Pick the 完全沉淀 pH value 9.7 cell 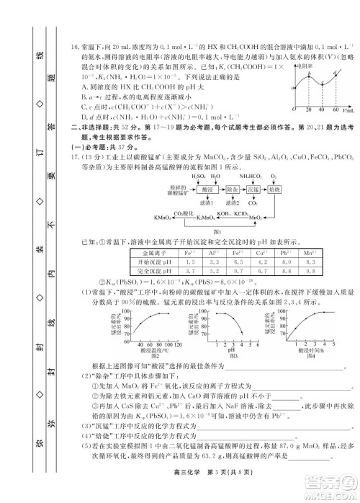305,272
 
